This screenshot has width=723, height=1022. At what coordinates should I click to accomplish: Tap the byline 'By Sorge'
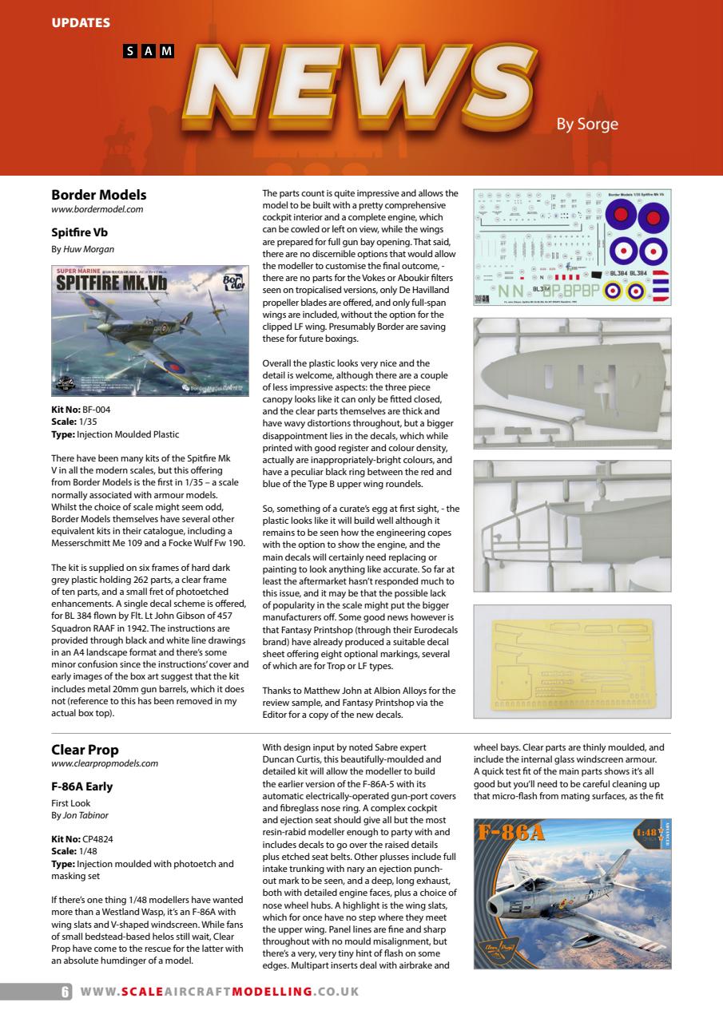pos(587,125)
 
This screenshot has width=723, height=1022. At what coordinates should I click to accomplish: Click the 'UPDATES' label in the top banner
pos(81,22)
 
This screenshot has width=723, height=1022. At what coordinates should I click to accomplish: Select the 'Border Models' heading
pos(98,194)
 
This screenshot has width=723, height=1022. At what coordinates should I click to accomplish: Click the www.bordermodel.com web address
pos(97,209)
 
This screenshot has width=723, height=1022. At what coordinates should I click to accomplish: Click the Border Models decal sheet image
pos(572,247)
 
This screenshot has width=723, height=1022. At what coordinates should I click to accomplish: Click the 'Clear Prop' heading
pos(85,749)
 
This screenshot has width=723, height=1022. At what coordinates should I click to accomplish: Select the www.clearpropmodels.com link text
pos(104,763)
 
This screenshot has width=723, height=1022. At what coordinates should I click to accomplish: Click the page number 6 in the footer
pos(66,992)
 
